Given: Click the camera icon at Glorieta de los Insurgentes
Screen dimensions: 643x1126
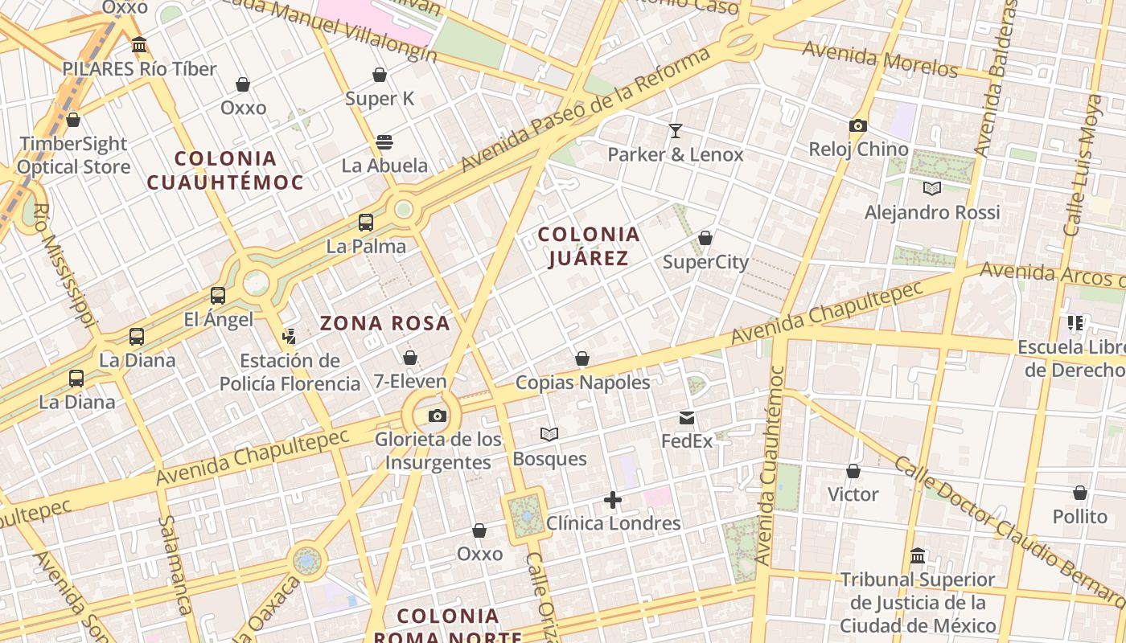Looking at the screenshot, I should tap(437, 416).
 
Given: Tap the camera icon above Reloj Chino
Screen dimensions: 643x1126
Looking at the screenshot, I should tap(858, 125).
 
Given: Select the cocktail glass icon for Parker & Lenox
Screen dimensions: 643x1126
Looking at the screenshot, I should tap(676, 130).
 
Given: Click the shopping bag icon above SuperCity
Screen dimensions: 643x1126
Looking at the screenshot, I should tap(705, 238).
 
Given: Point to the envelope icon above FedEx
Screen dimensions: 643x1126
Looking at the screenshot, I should tap(687, 417).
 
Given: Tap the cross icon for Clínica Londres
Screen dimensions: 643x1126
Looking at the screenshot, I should tap(613, 500).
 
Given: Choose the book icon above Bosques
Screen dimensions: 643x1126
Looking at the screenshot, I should tap(549, 434).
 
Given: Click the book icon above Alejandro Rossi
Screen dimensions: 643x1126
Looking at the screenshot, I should tap(932, 188).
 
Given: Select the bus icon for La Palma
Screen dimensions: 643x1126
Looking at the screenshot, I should tap(366, 223).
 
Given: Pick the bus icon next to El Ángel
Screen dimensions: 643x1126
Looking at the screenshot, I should tap(218, 296).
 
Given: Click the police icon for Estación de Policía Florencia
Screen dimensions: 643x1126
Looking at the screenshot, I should tap(290, 337).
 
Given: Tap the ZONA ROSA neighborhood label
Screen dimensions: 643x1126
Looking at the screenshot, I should tap(385, 323).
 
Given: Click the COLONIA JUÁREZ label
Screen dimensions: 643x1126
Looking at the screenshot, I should tap(589, 246).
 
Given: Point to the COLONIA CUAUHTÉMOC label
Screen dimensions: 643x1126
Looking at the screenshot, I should tap(225, 170).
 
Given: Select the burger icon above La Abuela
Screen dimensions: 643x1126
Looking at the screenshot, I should tap(384, 142).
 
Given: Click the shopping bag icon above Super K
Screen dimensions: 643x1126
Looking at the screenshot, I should tap(380, 75).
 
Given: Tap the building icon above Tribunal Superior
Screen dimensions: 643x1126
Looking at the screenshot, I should tap(918, 555).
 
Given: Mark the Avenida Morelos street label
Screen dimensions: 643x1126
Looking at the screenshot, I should tap(880, 59).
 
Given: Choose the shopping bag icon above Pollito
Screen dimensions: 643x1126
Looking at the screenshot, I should tap(1080, 492).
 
